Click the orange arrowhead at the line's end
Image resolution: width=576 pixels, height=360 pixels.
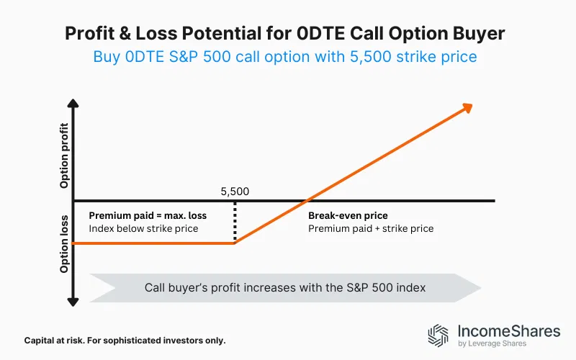(x=467, y=107)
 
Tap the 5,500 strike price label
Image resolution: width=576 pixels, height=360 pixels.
(x=235, y=192)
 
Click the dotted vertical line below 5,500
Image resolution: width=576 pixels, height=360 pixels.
(x=235, y=222)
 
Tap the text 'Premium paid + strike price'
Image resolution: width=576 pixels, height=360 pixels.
(x=370, y=228)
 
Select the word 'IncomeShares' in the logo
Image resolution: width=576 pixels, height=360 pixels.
(x=508, y=331)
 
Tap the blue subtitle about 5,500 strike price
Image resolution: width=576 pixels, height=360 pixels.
(x=285, y=56)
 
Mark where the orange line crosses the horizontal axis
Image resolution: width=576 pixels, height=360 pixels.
(x=308, y=200)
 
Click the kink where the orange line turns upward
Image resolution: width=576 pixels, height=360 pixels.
(x=235, y=243)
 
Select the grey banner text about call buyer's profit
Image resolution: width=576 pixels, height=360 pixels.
(x=285, y=287)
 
